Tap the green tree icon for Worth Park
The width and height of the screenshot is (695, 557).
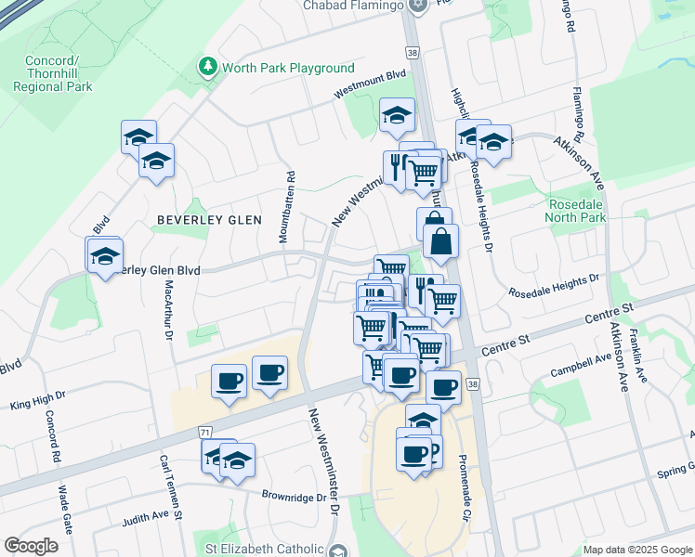[x=208, y=67]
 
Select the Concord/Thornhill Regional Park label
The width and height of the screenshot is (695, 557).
[x=53, y=73]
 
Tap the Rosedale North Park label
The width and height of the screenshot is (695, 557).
[x=564, y=211]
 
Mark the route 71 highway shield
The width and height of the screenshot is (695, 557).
[x=203, y=433]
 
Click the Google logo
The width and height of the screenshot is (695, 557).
[x=31, y=546]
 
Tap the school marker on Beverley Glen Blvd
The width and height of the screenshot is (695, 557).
[x=105, y=254]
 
